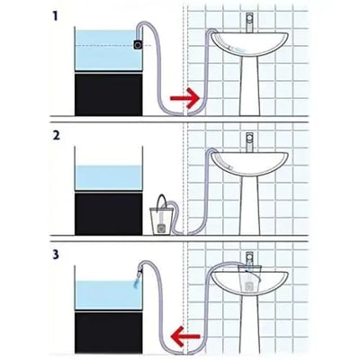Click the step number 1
click(57, 16)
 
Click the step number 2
click(57, 136)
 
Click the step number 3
click(57, 254)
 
